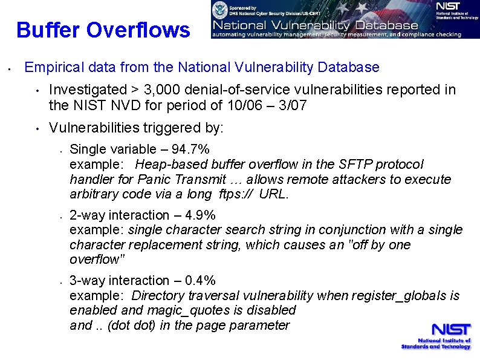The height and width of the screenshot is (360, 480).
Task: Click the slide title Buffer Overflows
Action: (103, 30)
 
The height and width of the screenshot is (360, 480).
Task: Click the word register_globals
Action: (400, 296)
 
